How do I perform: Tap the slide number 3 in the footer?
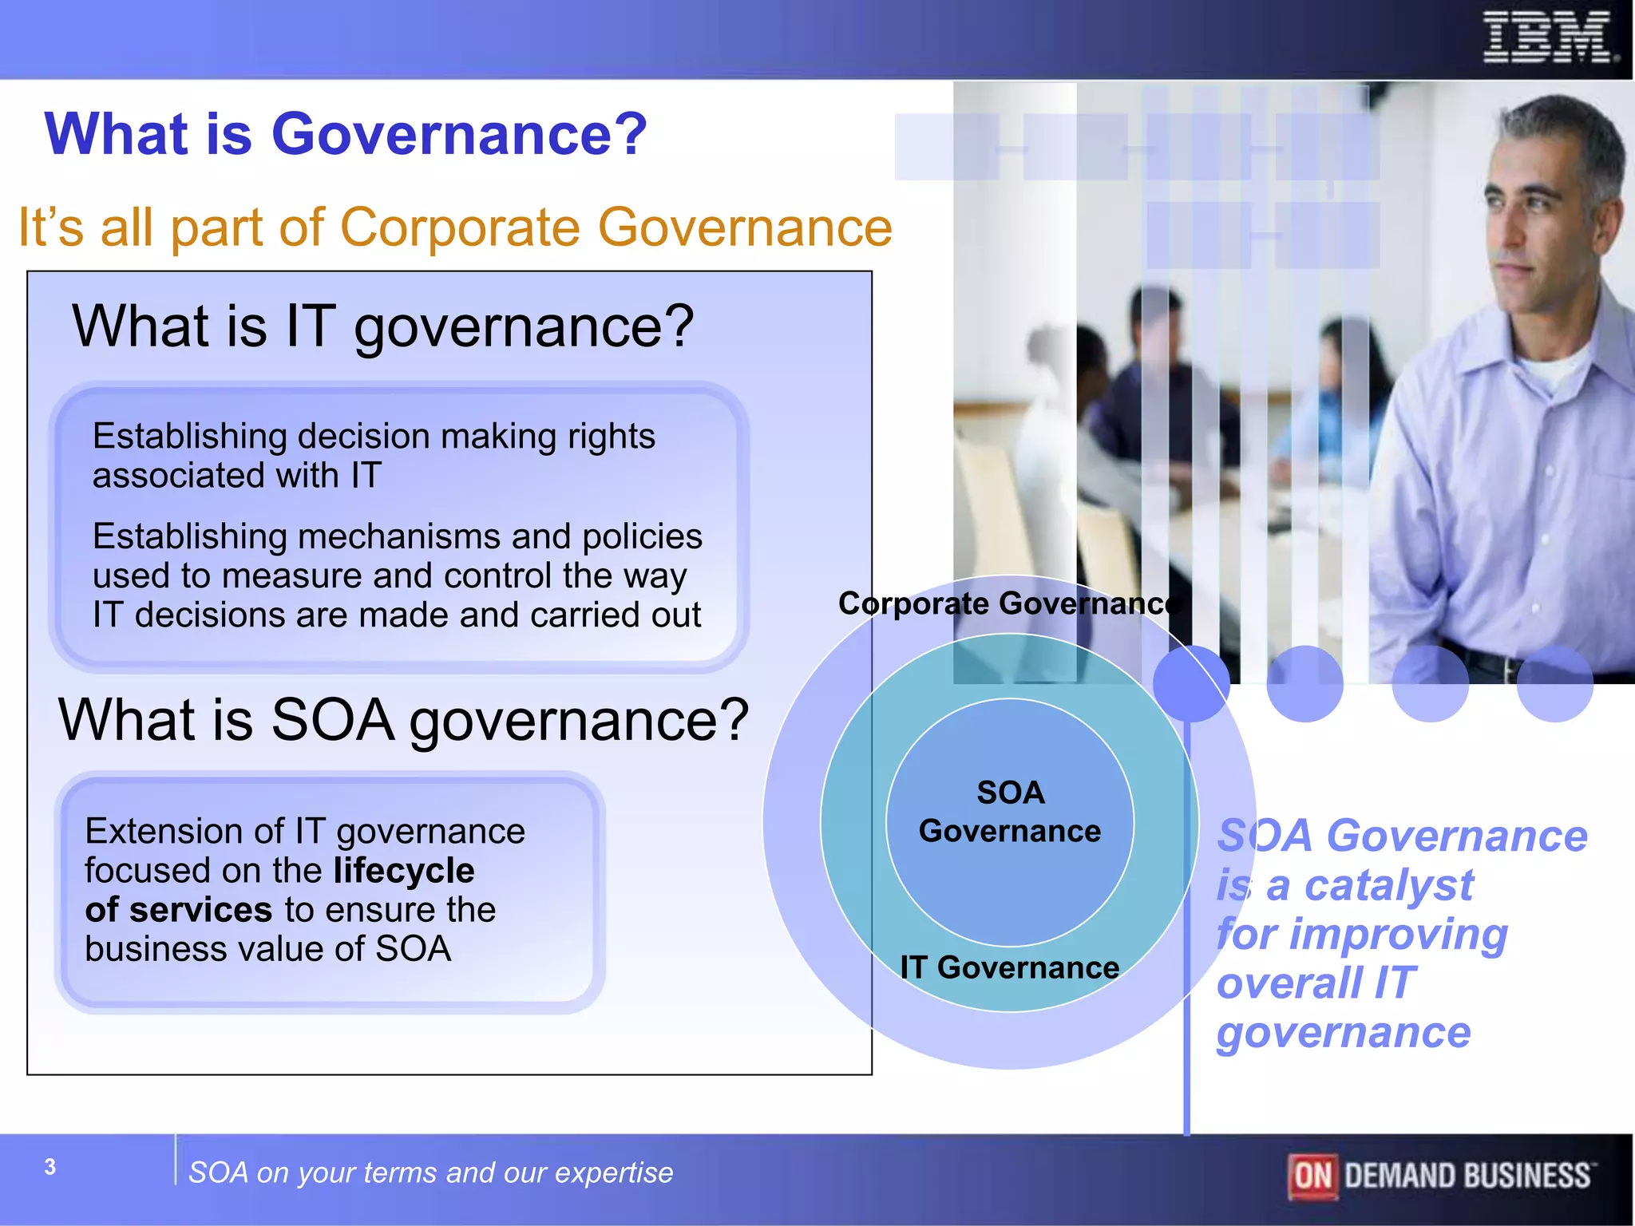(x=50, y=1167)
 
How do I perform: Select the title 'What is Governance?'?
(x=345, y=133)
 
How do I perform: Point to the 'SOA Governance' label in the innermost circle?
(x=1010, y=812)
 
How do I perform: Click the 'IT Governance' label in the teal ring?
(x=1009, y=967)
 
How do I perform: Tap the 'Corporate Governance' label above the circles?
(x=1008, y=603)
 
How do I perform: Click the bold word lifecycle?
(x=404, y=871)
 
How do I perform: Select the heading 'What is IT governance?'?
(x=383, y=326)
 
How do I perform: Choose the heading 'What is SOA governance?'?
(x=403, y=720)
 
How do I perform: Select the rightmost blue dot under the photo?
(x=1554, y=684)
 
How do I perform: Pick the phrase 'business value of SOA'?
(x=267, y=949)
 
